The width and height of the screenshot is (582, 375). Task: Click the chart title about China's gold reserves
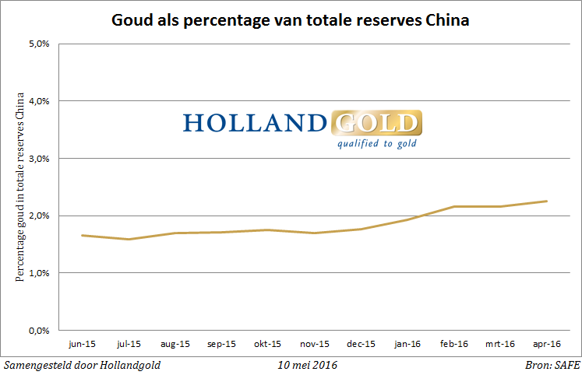pyautogui.click(x=291, y=20)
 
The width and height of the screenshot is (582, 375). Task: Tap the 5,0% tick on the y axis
pyautogui.click(x=40, y=44)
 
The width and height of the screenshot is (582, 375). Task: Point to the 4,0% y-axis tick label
pyautogui.click(x=40, y=101)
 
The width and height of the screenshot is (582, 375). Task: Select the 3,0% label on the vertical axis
pyautogui.click(x=40, y=159)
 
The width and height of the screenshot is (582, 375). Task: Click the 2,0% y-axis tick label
pyautogui.click(x=40, y=216)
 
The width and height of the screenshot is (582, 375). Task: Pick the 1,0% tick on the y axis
pyautogui.click(x=40, y=273)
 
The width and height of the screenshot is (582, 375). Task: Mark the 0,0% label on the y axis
pyautogui.click(x=40, y=330)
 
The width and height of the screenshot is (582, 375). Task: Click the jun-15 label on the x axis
pyautogui.click(x=83, y=343)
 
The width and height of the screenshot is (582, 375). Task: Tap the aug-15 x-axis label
pyautogui.click(x=175, y=343)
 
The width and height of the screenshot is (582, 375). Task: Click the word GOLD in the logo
pyautogui.click(x=376, y=124)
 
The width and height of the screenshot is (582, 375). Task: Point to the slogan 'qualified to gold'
pyautogui.click(x=376, y=143)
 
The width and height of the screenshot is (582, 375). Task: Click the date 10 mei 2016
pyautogui.click(x=308, y=364)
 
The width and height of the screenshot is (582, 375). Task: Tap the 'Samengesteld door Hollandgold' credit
pyautogui.click(x=83, y=364)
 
